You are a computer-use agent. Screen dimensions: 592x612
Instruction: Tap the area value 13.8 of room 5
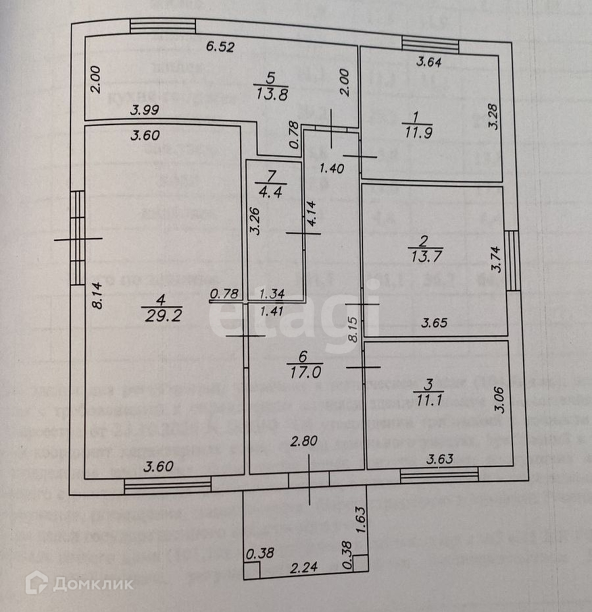(x=269, y=94)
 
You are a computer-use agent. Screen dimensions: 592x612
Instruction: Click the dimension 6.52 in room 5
(x=220, y=47)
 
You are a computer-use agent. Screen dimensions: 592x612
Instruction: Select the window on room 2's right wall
(x=512, y=260)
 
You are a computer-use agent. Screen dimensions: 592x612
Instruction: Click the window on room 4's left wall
(x=78, y=237)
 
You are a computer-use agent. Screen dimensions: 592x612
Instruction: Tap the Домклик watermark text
(x=93, y=584)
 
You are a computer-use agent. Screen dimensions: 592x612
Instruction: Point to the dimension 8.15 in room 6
(x=353, y=329)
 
